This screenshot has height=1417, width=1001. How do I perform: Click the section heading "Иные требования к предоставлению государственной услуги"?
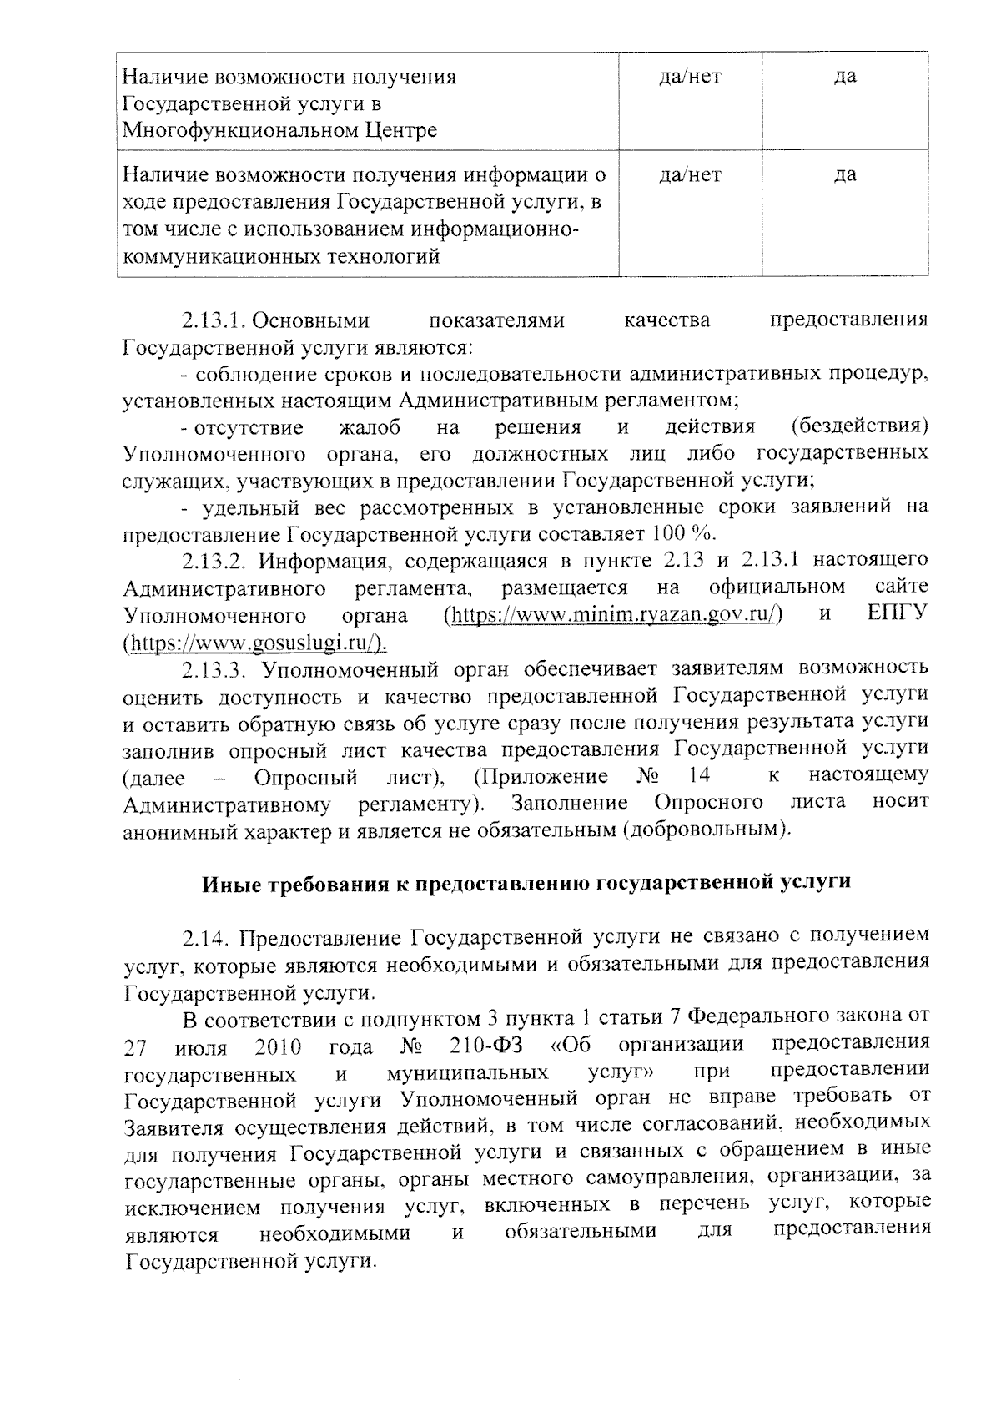[x=526, y=883]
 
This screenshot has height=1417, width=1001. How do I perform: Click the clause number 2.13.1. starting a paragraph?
[x=215, y=321]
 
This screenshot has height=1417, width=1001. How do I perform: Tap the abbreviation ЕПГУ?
[x=898, y=615]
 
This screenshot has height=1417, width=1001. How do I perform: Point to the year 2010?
[x=278, y=1046]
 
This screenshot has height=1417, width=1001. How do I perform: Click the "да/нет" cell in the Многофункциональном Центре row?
[x=690, y=78]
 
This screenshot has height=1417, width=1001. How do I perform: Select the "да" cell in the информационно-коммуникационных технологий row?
[x=845, y=175]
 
